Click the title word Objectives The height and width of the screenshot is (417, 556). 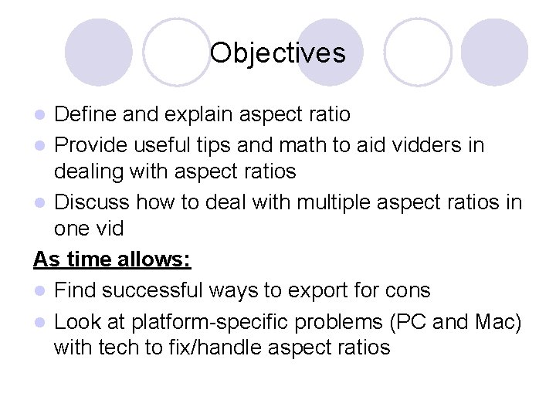pos(277,53)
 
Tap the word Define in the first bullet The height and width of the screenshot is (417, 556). pos(86,115)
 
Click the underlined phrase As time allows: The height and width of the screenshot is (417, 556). pos(112,260)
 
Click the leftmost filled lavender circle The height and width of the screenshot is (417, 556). pos(97,51)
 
